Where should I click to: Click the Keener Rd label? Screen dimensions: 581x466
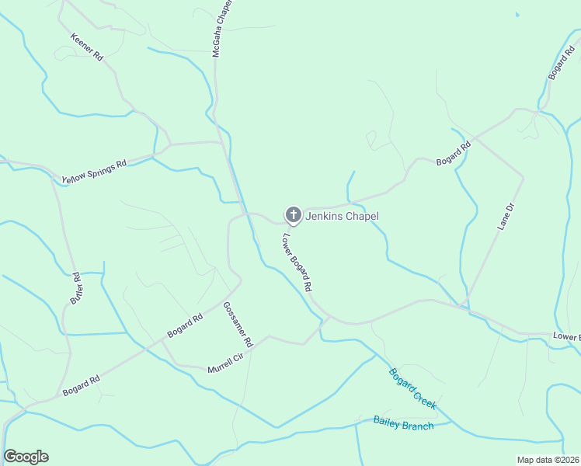[86, 47]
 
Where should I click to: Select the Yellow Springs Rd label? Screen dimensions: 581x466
[94, 172]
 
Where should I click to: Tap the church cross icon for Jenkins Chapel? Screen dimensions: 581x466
[293, 214]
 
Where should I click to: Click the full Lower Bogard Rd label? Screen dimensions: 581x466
[297, 263]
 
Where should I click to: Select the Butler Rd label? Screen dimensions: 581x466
[76, 287]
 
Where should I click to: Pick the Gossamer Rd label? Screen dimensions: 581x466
[238, 324]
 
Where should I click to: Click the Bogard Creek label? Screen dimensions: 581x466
[412, 388]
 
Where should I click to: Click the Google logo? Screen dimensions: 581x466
[26, 457]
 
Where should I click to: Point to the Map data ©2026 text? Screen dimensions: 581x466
[548, 460]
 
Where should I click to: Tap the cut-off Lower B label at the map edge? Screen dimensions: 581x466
[566, 336]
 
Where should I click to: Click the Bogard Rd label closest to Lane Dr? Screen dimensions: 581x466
[454, 152]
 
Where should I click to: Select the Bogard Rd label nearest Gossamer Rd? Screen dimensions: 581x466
[185, 325]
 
